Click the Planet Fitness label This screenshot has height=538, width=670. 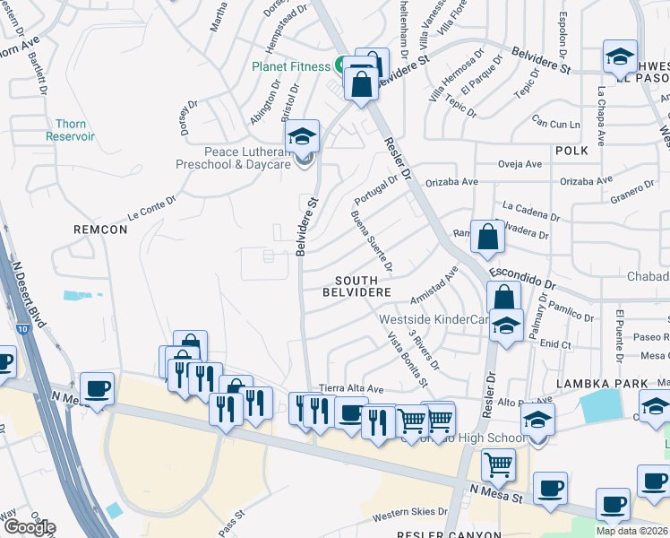point(291,65)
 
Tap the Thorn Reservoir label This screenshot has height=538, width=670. point(71,130)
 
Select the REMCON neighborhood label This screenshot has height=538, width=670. point(100,230)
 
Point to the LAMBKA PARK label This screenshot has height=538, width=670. point(601,384)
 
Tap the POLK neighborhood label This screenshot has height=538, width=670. point(571,151)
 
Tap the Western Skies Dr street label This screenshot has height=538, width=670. point(409,512)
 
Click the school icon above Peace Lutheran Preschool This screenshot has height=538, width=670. point(303,138)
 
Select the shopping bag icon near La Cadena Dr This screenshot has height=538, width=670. point(486,239)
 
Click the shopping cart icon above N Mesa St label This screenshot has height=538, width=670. point(498,465)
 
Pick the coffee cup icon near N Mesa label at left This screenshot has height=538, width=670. point(97,389)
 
